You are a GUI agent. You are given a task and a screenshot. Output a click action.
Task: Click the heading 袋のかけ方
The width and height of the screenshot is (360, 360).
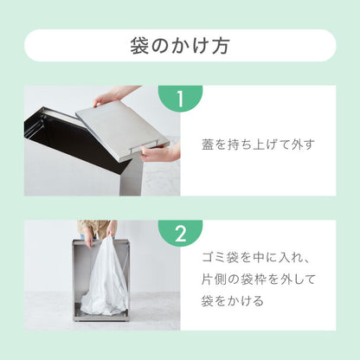coord(180,45)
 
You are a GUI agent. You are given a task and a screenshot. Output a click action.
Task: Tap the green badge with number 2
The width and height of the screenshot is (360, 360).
coord(180,234)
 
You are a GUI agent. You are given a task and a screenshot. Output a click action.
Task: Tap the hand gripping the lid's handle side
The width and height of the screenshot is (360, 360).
coord(160,152)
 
